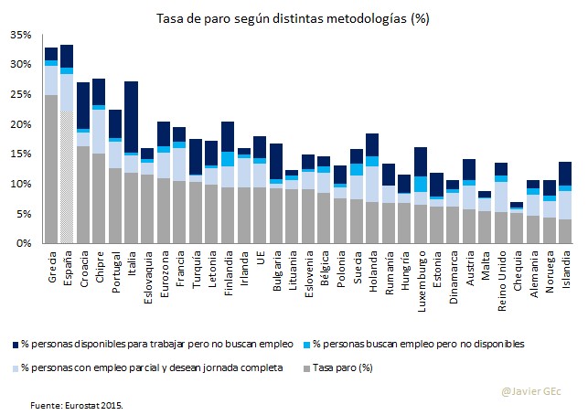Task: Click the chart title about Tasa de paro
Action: click(x=294, y=18)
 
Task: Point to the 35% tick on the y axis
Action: click(x=21, y=35)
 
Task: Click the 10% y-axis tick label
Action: click(x=21, y=184)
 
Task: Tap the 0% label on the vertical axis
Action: click(x=24, y=243)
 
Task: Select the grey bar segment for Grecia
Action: click(x=50, y=169)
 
